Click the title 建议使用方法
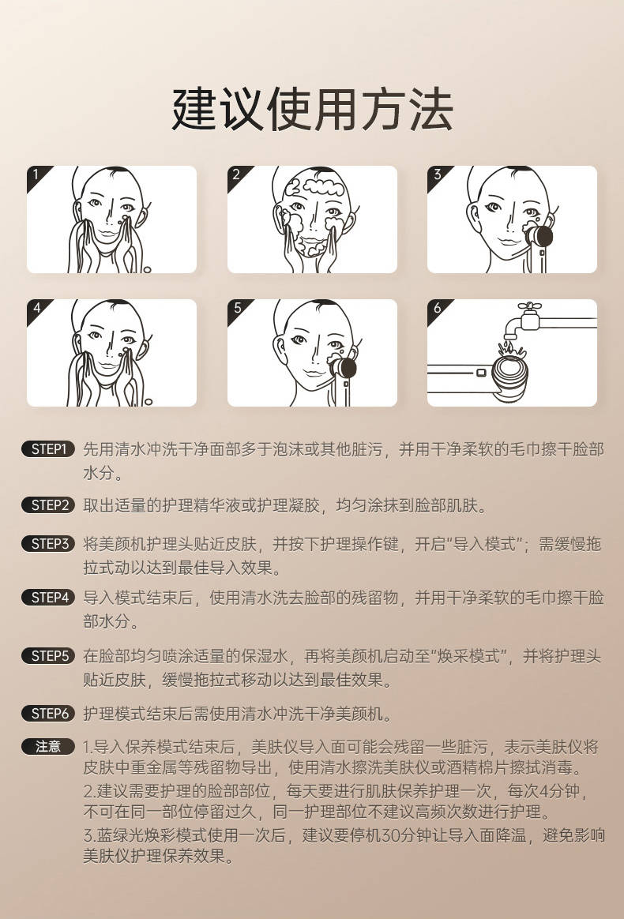(x=312, y=110)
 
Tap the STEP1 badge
(x=48, y=449)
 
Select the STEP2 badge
(x=48, y=505)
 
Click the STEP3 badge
(x=48, y=543)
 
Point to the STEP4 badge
(x=48, y=598)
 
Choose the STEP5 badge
(x=48, y=655)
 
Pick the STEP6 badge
(x=48, y=714)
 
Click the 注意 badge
(x=48, y=746)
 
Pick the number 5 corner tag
(x=235, y=308)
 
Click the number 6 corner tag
(x=436, y=308)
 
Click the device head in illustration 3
(x=540, y=234)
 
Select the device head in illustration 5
(x=344, y=369)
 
